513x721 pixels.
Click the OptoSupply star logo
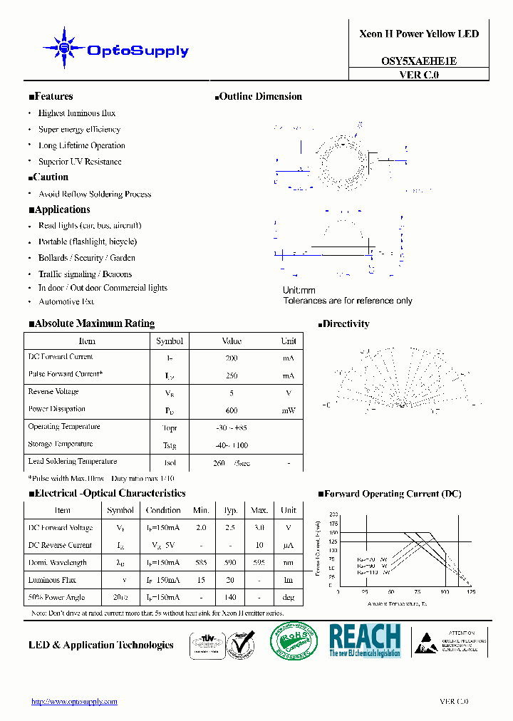coord(65,48)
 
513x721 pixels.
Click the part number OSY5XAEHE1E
coord(418,61)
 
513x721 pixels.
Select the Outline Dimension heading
coord(259,97)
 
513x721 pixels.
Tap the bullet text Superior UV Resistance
coord(80,162)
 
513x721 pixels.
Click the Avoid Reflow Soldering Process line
coord(95,194)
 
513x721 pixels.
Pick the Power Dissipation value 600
coord(231,410)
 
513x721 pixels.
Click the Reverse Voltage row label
coord(53,392)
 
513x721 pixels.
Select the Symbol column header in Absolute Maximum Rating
coord(170,341)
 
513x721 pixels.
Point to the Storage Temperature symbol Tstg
coord(170,445)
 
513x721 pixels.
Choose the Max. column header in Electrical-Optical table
coord(259,510)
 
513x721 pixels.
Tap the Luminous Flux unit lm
coord(289,580)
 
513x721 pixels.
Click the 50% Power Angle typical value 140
coord(230,597)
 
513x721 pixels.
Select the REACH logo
coord(365,640)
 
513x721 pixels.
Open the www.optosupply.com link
coord(74,702)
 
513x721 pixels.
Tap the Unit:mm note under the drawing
coord(299,291)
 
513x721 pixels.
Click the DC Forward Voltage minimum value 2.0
coord(201,528)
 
